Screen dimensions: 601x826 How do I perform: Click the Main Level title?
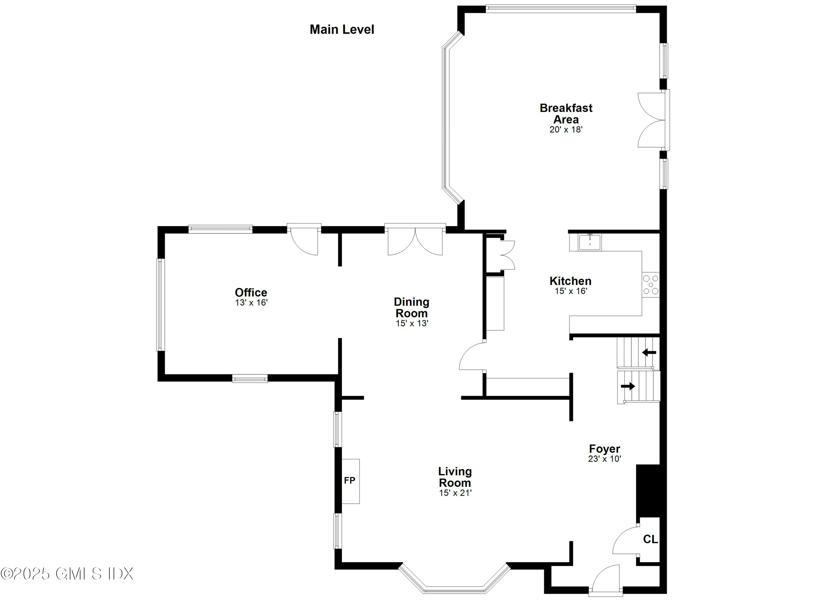click(342, 29)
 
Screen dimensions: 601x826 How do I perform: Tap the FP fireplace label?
click(349, 480)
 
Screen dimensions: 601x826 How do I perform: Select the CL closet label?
click(650, 539)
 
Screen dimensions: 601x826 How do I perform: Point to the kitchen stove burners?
click(650, 285)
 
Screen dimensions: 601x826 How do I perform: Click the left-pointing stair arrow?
click(649, 352)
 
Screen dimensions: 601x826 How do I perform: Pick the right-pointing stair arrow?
click(628, 386)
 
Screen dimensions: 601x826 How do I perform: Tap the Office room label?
click(251, 292)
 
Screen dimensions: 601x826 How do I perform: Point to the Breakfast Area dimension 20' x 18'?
click(566, 130)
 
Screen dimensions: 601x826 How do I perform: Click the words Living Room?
click(455, 477)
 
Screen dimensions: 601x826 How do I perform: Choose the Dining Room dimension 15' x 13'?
click(412, 323)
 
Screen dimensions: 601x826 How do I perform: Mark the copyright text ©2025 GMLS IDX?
click(67, 574)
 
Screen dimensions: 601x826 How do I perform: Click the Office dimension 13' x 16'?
click(251, 303)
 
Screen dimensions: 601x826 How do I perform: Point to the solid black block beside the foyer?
click(648, 490)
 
